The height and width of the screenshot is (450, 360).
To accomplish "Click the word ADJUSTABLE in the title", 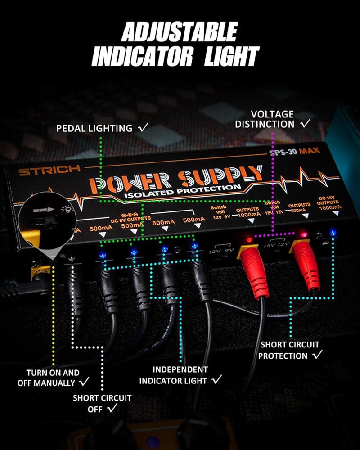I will click(179, 32).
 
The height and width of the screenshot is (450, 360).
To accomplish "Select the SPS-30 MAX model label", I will click(292, 151).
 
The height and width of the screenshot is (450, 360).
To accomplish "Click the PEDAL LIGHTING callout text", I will click(94, 128).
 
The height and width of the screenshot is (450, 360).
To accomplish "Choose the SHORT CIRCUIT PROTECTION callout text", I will click(290, 350).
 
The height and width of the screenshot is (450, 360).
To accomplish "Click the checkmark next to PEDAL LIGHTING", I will click(143, 128).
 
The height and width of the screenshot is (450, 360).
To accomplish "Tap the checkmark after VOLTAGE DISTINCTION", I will click(306, 123).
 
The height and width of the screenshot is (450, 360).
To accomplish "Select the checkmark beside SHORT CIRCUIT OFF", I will click(112, 408).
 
